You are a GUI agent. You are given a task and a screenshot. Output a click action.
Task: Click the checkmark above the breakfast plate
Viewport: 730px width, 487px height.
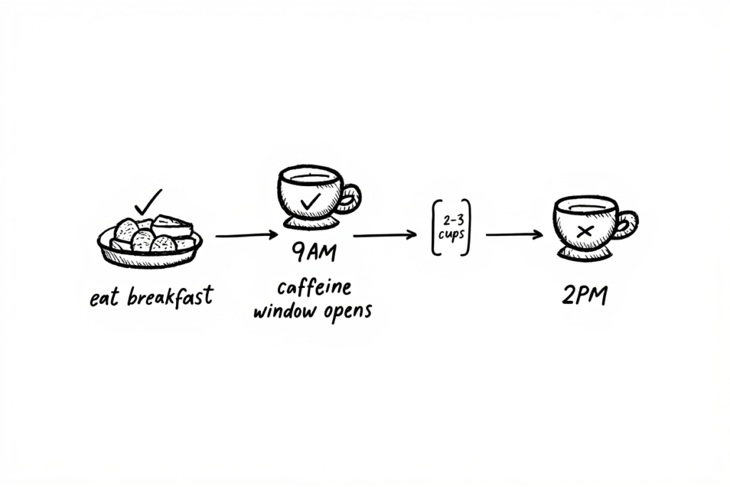pos(148,202)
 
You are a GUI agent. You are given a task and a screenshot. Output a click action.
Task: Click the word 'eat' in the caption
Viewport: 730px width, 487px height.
pos(103,299)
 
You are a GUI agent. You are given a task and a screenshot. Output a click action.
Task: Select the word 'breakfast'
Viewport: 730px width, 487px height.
pos(170,297)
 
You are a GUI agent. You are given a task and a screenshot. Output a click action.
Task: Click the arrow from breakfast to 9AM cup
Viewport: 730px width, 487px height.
pos(246,235)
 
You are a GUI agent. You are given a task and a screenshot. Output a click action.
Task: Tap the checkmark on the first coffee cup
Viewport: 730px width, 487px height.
pos(310,201)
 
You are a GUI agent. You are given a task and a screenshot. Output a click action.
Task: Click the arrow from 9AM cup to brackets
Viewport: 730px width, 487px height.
pos(385,235)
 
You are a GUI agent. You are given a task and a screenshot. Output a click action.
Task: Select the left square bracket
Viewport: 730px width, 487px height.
pos(436,227)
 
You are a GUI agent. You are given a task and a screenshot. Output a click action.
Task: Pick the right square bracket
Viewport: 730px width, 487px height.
pos(466,227)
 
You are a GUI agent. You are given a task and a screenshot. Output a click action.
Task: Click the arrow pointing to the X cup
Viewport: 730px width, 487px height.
pos(515,234)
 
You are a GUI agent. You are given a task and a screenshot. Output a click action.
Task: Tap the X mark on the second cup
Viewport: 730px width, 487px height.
pos(585,231)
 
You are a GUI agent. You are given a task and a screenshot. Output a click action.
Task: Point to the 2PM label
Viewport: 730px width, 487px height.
pos(585,296)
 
